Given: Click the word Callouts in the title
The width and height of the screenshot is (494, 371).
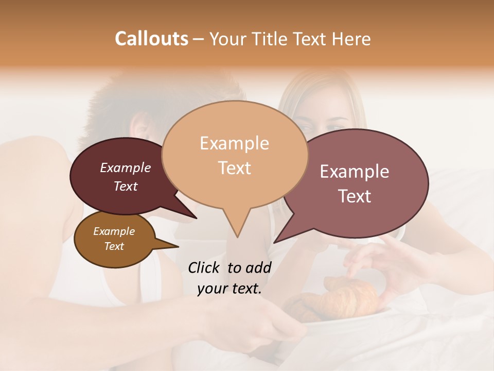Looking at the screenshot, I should (x=151, y=39).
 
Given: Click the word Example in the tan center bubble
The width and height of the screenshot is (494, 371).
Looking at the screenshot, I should (x=234, y=143).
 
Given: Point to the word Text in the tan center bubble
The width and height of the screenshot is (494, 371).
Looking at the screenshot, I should (x=234, y=168).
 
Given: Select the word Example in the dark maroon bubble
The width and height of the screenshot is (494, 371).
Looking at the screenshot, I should (x=126, y=167).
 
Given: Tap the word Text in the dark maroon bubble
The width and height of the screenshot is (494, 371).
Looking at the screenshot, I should (x=126, y=186).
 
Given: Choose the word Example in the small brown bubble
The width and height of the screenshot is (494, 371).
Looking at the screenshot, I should (x=114, y=231).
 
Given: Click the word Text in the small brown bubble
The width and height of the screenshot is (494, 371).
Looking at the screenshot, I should (x=114, y=246).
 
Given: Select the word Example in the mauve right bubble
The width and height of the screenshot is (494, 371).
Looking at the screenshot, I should (x=355, y=172).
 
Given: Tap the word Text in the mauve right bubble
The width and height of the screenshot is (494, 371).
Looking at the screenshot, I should (x=355, y=196).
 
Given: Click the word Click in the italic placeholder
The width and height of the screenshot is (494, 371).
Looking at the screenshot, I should (x=205, y=267).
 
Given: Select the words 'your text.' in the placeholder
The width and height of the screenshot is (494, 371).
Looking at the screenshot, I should (x=230, y=289).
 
